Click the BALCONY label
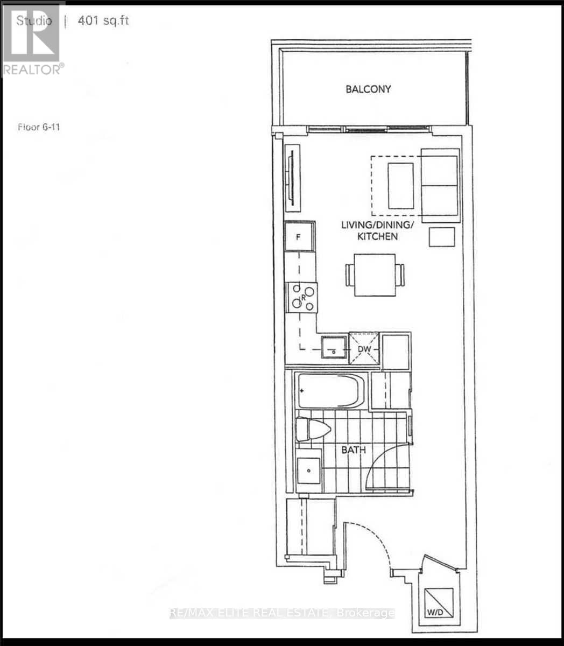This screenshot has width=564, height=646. [x=368, y=89]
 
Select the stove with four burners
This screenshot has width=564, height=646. [x=302, y=297]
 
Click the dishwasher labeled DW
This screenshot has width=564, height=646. [x=364, y=349]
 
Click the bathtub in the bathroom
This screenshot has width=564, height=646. [x=330, y=391]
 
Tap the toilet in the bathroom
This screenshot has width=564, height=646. [x=313, y=430]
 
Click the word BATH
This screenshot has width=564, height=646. [x=354, y=449]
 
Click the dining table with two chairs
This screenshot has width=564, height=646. [x=375, y=275]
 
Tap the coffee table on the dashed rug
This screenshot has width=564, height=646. [x=401, y=186]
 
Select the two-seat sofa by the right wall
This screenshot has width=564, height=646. [x=440, y=186]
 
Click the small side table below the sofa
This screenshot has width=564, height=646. [x=442, y=237]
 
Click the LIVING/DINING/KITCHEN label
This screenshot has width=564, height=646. [x=377, y=230]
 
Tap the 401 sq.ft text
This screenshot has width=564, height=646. [x=104, y=22]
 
